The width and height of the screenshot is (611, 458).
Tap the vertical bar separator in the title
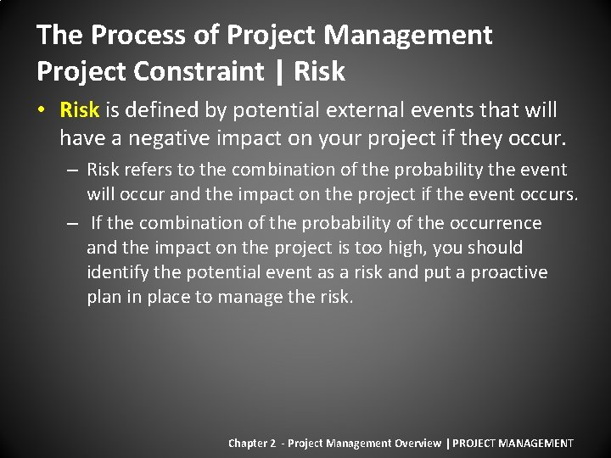278,72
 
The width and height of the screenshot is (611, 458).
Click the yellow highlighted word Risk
80,109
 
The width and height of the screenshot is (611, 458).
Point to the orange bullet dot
42,110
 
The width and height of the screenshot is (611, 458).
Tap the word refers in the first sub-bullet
148,170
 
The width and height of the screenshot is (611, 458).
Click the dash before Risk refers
73,170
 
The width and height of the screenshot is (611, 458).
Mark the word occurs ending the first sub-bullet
548,194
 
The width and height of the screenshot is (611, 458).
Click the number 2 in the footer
272,443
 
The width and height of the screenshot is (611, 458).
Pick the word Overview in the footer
417,443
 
